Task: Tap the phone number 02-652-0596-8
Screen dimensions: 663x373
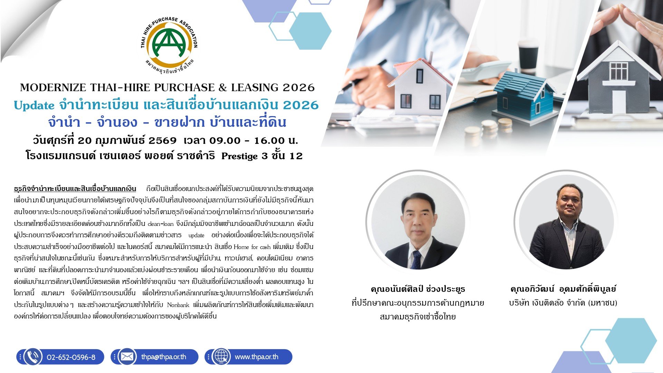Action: pyautogui.click(x=71, y=357)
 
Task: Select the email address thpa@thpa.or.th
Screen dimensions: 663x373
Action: pyautogui.click(x=164, y=357)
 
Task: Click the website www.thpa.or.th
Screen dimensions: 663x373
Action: pyautogui.click(x=257, y=357)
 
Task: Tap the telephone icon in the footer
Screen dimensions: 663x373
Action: pyautogui.click(x=33, y=357)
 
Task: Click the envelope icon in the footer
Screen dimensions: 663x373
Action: pyautogui.click(x=127, y=357)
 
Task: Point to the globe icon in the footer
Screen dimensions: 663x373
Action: pyautogui.click(x=221, y=357)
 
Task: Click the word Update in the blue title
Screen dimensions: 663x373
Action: pyautogui.click(x=34, y=105)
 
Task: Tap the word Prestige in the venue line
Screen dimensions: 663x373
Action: pyautogui.click(x=240, y=156)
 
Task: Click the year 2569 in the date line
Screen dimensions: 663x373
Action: pyautogui.click(x=162, y=141)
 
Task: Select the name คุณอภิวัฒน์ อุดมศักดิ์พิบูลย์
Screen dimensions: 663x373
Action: pyautogui.click(x=563, y=289)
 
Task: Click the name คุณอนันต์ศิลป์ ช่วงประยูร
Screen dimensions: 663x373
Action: pyautogui.click(x=418, y=289)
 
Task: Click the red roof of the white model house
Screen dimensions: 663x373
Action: pyautogui.click(x=420, y=70)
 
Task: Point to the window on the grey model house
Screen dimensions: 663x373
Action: pyautogui.click(x=619, y=71)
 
